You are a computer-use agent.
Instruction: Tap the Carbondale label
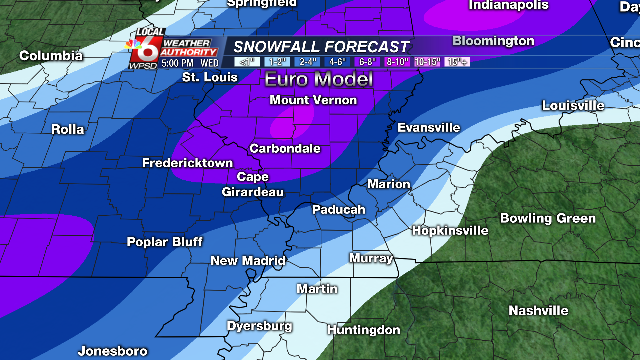[285, 148]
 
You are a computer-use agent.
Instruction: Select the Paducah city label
[338, 210]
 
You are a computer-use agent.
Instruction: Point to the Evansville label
[428, 128]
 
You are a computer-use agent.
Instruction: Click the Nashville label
[538, 311]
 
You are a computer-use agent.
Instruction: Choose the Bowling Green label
[548, 219]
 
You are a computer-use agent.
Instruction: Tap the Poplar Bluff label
[165, 242]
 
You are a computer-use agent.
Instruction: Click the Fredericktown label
[187, 163]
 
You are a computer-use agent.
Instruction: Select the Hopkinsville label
[450, 230]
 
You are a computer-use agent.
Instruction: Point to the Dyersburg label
[259, 326]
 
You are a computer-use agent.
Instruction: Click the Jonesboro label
[112, 351]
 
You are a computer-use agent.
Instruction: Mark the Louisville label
[573, 105]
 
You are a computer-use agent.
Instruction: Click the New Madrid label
[248, 261]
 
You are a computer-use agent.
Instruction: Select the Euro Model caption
[318, 78]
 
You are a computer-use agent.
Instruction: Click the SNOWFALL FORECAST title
[321, 46]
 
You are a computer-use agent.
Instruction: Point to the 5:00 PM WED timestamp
[190, 62]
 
